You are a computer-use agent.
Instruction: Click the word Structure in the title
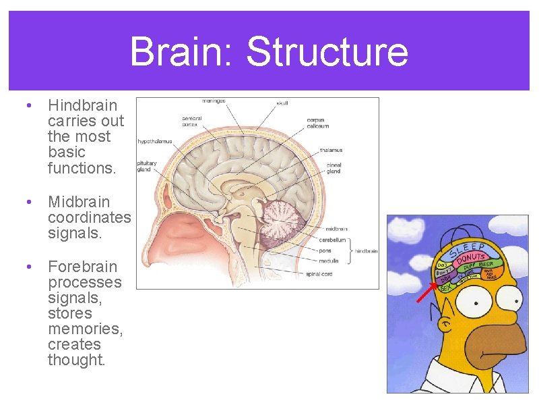click(327, 52)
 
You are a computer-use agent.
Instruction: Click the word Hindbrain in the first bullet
click(82, 105)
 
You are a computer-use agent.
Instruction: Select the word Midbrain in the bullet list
click(79, 202)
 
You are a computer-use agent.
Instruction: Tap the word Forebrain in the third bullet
click(82, 267)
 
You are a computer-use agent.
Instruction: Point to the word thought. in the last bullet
click(76, 360)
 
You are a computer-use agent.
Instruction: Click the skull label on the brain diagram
click(282, 103)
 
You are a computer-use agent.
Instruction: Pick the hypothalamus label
click(155, 142)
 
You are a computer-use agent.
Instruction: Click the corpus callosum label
click(316, 124)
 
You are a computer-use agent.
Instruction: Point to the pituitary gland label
click(147, 166)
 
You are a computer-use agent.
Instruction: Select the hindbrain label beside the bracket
click(366, 250)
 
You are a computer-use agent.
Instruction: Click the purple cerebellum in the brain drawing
click(283, 223)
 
